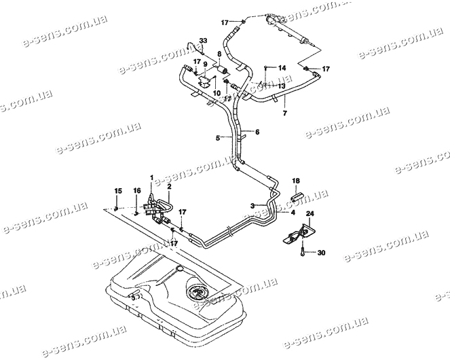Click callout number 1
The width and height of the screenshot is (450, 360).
click(x=153, y=177)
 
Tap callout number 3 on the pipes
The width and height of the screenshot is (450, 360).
click(x=252, y=204)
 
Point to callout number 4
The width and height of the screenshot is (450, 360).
click(x=293, y=213)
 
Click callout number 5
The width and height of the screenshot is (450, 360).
click(x=217, y=138)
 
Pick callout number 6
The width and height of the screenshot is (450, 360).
click(x=257, y=131)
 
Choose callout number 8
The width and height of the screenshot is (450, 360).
click(x=219, y=54)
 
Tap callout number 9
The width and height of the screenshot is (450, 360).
click(x=205, y=64)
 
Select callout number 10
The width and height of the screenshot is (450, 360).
click(x=217, y=92)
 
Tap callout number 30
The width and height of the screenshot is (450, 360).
click(x=321, y=253)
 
